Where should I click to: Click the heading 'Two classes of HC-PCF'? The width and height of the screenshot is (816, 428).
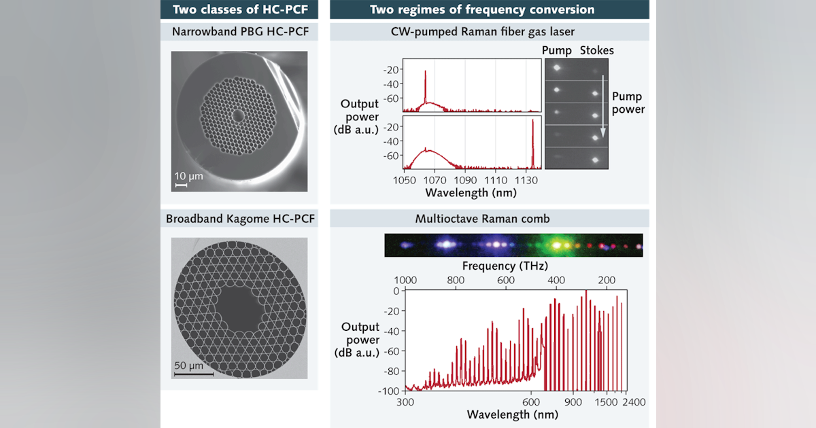(x=239, y=10)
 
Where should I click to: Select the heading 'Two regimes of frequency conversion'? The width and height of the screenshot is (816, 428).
(x=481, y=10)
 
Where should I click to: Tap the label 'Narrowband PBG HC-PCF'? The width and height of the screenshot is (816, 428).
(x=239, y=31)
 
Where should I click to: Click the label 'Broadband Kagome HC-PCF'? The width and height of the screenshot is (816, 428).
(x=239, y=219)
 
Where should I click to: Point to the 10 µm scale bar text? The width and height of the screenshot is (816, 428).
(x=188, y=175)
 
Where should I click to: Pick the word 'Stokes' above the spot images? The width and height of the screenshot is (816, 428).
(x=596, y=50)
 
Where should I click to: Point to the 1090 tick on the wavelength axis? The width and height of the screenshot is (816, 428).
(x=465, y=180)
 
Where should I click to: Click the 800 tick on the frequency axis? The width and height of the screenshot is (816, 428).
(x=456, y=280)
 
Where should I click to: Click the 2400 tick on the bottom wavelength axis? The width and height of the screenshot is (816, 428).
(x=633, y=402)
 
